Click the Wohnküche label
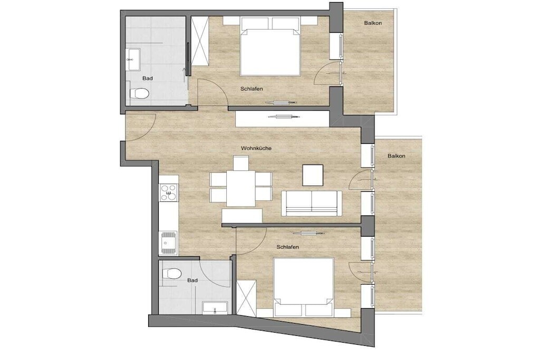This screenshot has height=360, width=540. tap(256, 148)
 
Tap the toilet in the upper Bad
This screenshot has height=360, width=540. tap(139, 93)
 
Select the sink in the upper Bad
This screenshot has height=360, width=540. tap(133, 59)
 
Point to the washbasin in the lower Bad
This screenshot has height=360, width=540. tap(215, 307)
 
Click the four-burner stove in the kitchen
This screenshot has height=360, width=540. tap(169, 193)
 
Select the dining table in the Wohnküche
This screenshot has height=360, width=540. tap(240, 188)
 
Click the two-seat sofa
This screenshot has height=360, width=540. tap(312, 203)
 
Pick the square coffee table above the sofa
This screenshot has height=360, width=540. tap(313, 175)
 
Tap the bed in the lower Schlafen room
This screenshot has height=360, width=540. tap(303, 287)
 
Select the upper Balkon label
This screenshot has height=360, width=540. tap(373, 23)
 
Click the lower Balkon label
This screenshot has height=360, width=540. tap(397, 156)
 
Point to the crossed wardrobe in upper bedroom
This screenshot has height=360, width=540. tap(200, 41)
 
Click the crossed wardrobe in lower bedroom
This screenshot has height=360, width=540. tap(247, 298)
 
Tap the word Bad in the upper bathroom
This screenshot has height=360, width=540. tap(148, 79)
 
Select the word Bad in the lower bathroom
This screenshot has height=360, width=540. tap(192, 280)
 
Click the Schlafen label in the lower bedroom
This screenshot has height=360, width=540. tap(287, 247)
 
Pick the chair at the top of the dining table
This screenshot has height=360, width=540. tap(240, 163)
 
